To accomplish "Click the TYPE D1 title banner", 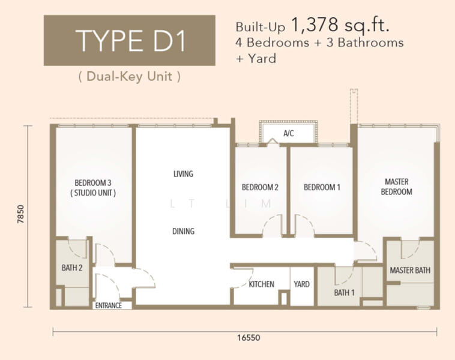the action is click(x=130, y=40).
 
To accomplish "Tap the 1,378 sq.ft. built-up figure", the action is click(x=340, y=25).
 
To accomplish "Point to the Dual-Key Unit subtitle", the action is click(x=130, y=76).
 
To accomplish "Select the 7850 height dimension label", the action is click(x=21, y=214).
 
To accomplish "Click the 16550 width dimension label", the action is click(x=249, y=338).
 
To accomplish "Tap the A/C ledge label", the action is click(x=289, y=133).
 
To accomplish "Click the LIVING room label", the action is click(x=183, y=174).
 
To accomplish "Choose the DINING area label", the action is click(x=183, y=231).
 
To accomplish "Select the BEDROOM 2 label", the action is click(x=260, y=187).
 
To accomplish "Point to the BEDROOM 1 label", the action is click(x=322, y=187).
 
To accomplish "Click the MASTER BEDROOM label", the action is click(x=396, y=187).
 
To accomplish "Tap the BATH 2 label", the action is click(x=72, y=268).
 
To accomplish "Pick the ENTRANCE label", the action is click(x=108, y=305).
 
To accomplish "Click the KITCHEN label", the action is click(x=262, y=284).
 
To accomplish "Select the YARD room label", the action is click(x=301, y=284).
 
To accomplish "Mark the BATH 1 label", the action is click(x=344, y=293).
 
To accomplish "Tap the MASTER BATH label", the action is click(x=410, y=271).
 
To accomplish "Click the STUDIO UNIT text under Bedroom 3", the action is click(x=93, y=193).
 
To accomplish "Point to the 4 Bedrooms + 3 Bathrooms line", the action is click(x=319, y=43).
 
